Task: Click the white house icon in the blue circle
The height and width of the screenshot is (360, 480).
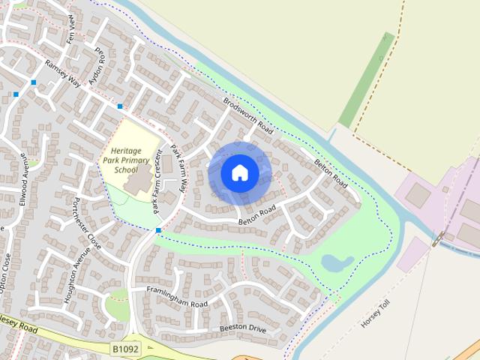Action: (240, 172)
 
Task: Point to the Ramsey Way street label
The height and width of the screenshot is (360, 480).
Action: (63, 73)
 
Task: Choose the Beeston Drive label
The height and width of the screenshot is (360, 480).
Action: (243, 328)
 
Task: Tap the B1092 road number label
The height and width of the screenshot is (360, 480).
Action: (126, 349)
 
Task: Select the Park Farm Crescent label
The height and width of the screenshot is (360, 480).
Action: (157, 181)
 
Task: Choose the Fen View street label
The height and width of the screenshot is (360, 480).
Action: (73, 28)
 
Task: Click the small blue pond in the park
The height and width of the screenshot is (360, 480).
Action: (336, 262)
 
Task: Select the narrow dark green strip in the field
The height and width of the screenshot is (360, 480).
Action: (367, 79)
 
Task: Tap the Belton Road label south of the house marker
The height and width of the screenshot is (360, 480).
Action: (258, 214)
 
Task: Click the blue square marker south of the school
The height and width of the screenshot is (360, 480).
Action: (158, 230)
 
